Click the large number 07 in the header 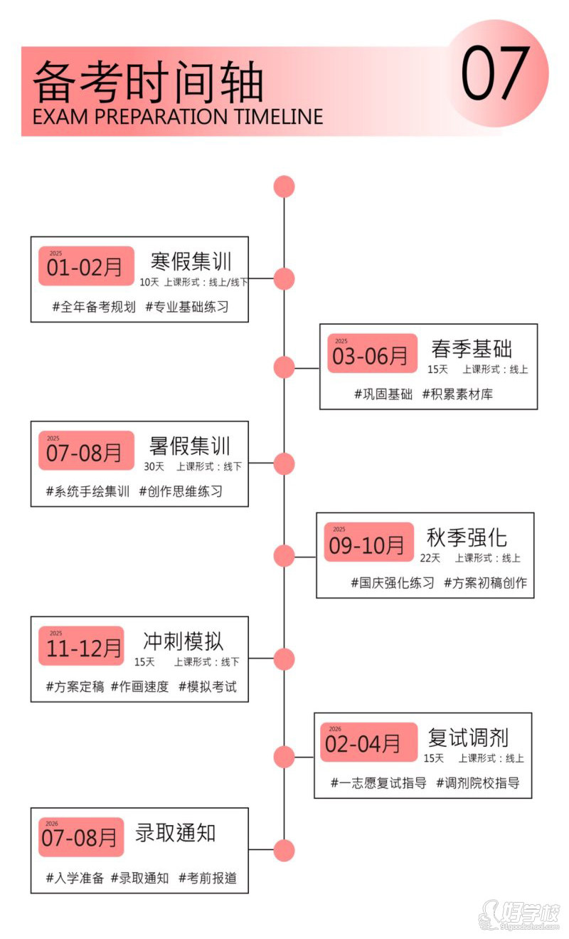495,73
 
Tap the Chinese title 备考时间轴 148,82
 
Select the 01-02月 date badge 86,266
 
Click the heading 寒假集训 191,261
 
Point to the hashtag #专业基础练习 187,307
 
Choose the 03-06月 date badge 372,353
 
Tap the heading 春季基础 472,349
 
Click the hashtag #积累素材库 457,394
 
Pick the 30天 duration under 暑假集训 154,466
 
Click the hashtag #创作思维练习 181,491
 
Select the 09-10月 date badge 369,542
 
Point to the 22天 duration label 430,558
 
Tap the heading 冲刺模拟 183,641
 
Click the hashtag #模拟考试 208,687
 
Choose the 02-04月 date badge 369,742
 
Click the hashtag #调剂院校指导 478,782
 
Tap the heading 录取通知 175,833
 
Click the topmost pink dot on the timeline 284,187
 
